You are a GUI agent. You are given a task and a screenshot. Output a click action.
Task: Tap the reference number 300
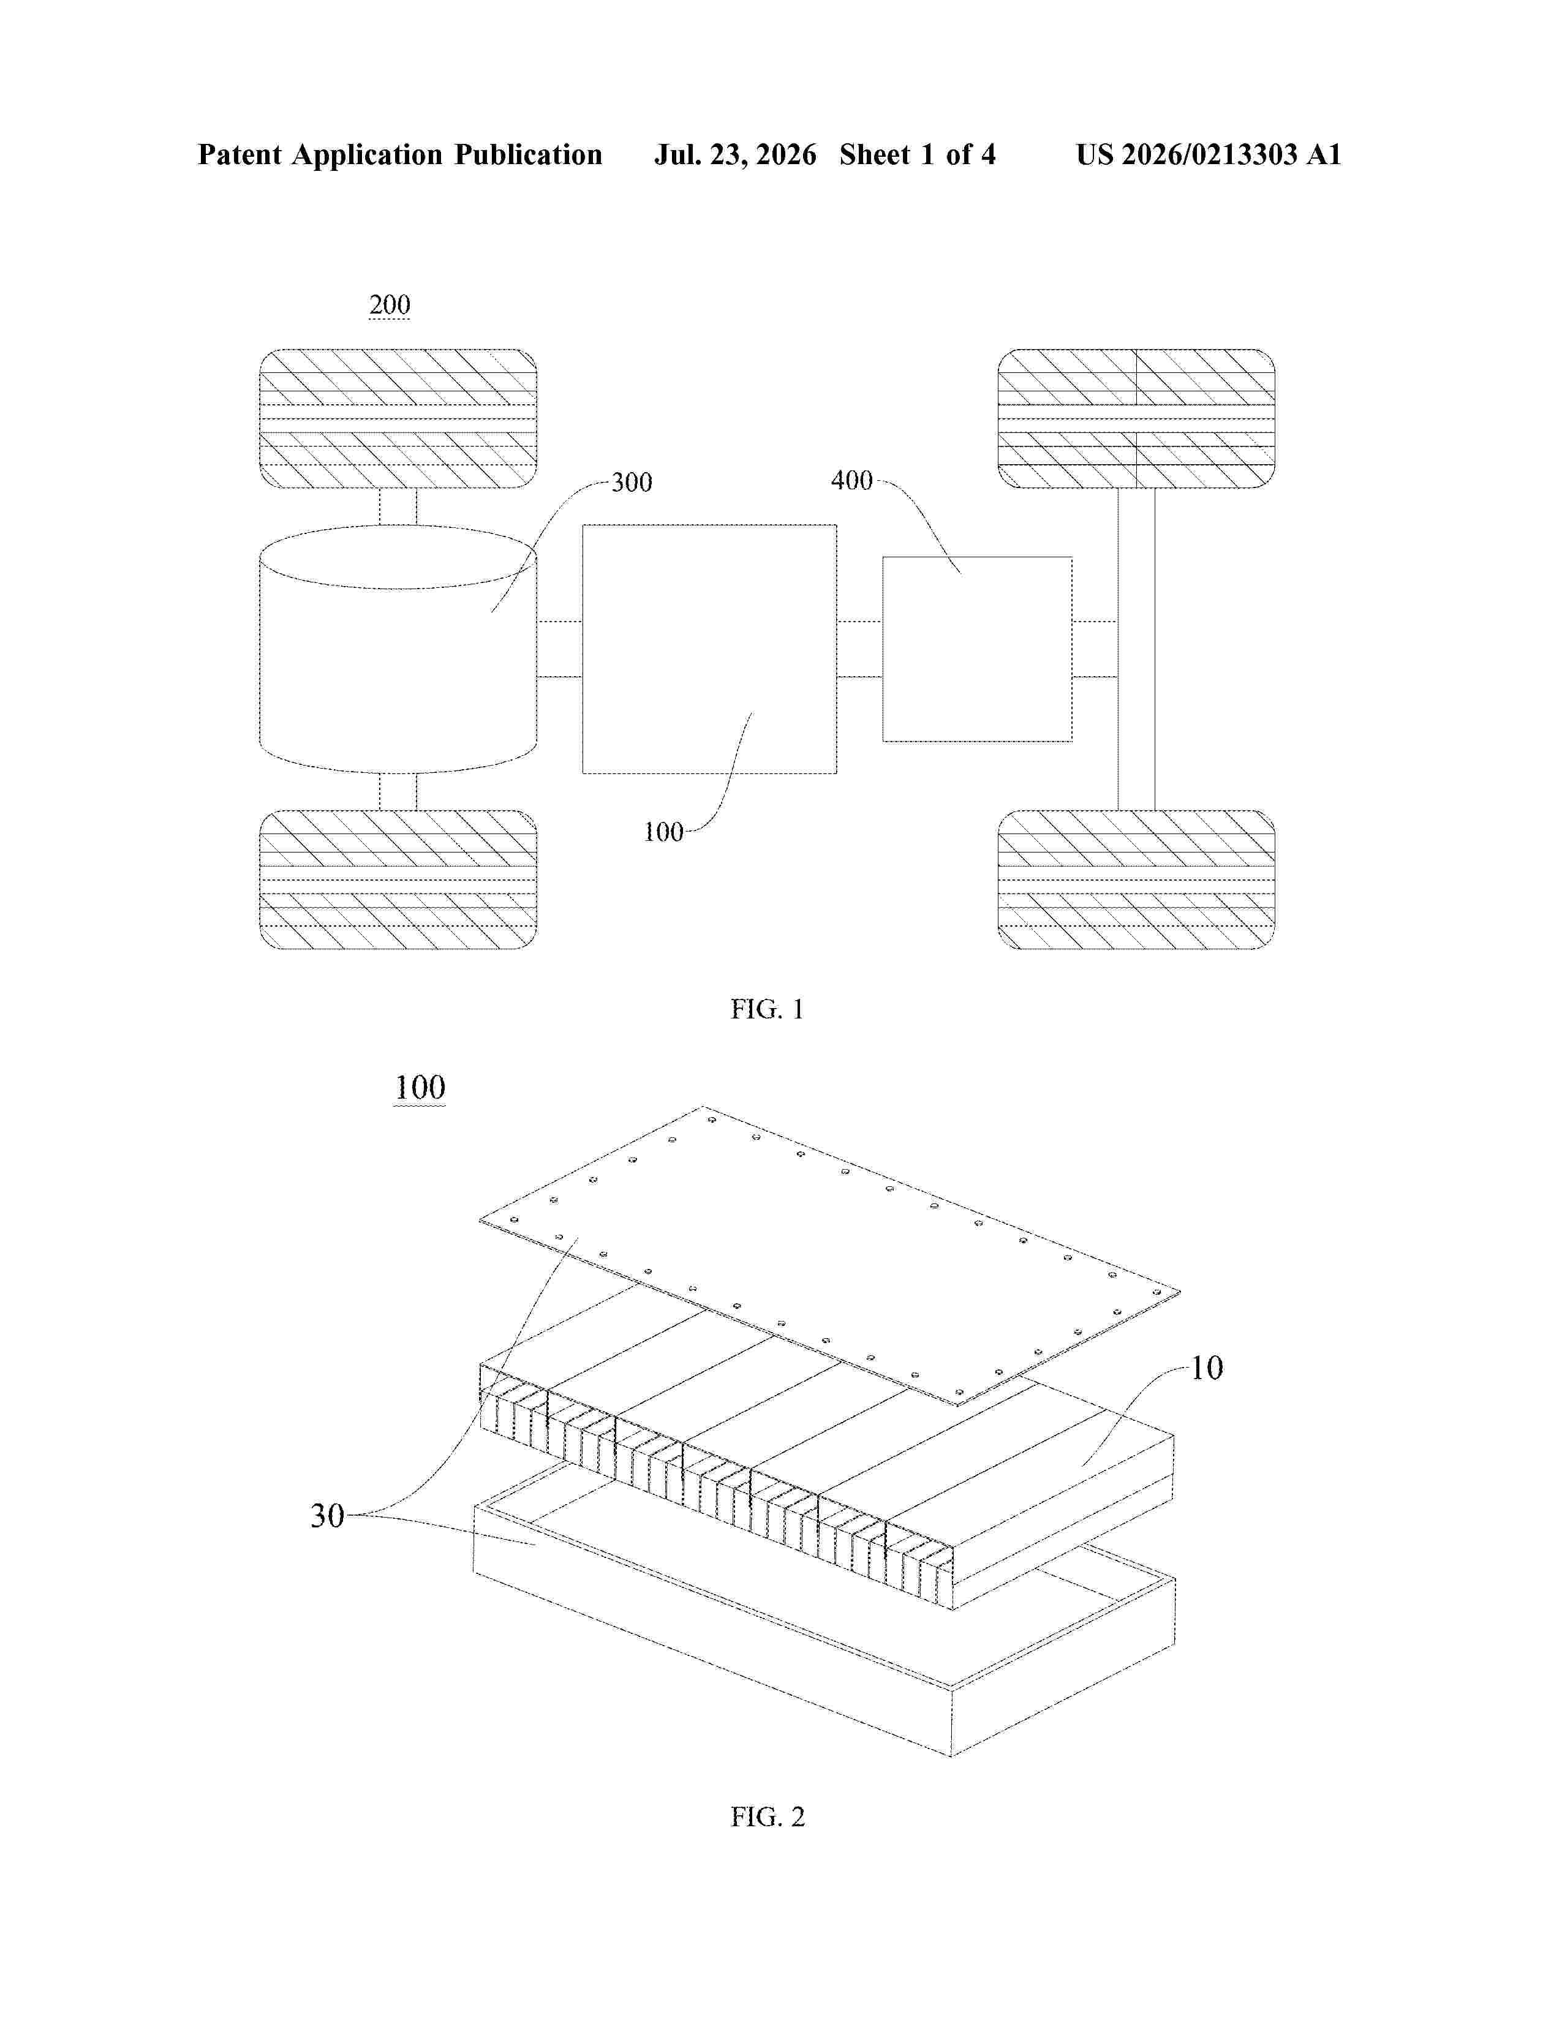632,482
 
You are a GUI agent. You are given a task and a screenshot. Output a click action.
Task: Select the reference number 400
851,480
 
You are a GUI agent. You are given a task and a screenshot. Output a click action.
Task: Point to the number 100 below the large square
663,832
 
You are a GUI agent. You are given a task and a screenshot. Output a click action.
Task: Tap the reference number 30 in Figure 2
326,1516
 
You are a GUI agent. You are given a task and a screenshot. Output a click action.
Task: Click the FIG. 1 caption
767,1009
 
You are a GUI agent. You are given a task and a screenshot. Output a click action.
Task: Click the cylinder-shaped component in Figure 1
398,649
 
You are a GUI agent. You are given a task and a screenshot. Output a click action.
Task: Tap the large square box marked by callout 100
710,649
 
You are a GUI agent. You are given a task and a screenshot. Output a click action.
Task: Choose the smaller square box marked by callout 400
977,649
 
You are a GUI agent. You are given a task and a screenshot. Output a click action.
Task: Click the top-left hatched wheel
398,418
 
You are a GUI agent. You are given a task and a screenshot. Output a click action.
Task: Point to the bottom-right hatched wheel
1136,879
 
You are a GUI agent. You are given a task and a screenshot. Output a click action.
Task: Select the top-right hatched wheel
1136,418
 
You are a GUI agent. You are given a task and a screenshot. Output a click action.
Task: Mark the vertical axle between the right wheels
1136,649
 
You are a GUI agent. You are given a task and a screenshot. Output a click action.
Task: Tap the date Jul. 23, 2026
736,154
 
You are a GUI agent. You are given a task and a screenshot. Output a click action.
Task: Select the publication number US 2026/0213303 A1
1209,154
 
